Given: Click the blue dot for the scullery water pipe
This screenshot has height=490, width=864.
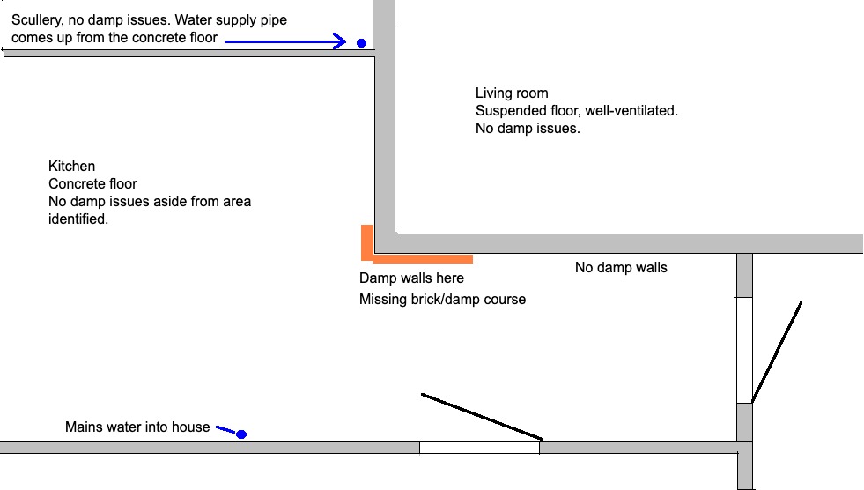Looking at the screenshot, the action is pyautogui.click(x=361, y=43).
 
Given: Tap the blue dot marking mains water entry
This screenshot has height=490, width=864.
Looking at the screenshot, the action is pyautogui.click(x=241, y=434).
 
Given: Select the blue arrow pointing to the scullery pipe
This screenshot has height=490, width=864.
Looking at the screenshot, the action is pyautogui.click(x=285, y=41).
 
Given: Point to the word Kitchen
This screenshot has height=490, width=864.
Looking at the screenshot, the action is pyautogui.click(x=71, y=166).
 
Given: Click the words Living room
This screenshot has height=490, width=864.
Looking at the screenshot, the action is pyautogui.click(x=512, y=93).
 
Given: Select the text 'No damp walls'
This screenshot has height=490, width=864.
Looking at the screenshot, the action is pyautogui.click(x=621, y=267).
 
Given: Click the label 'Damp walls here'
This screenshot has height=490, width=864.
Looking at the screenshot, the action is pyautogui.click(x=411, y=278).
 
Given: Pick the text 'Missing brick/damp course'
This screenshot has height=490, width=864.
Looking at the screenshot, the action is pyautogui.click(x=442, y=300).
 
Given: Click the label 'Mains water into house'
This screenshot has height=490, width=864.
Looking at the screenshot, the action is pyautogui.click(x=137, y=427).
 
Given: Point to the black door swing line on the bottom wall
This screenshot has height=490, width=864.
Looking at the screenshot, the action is pyautogui.click(x=482, y=417).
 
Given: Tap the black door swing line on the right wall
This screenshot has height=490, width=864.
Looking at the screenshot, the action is pyautogui.click(x=777, y=353).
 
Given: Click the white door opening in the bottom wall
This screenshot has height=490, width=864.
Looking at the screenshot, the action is pyautogui.click(x=479, y=447).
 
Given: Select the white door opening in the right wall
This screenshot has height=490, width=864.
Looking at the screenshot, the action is pyautogui.click(x=744, y=350).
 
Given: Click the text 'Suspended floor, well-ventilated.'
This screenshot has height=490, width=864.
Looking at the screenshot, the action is pyautogui.click(x=577, y=111).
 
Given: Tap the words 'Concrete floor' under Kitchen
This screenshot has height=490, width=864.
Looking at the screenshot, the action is pyautogui.click(x=92, y=183).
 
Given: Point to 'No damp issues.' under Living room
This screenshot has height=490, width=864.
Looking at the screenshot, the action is pyautogui.click(x=528, y=129).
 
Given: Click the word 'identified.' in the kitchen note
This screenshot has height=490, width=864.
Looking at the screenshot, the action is pyautogui.click(x=78, y=219).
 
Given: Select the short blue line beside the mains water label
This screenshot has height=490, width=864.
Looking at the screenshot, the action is pyautogui.click(x=226, y=429).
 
